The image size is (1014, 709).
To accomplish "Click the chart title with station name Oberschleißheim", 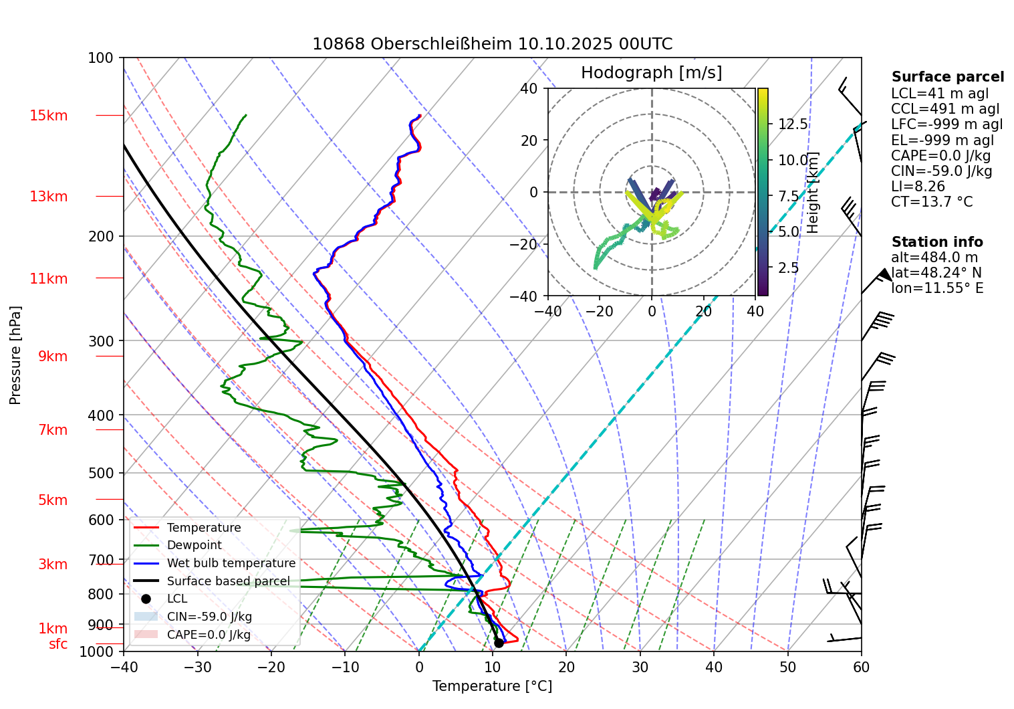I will click(492, 44).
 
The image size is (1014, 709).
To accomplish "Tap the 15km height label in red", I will click(48, 116).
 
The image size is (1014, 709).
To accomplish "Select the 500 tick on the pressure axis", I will click(101, 473).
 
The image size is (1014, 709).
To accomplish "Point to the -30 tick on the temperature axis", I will click(197, 667).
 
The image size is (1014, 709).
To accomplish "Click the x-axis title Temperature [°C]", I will click(492, 686).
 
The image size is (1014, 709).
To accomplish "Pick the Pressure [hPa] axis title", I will click(15, 355).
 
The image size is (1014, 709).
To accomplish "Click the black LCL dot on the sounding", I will click(499, 643).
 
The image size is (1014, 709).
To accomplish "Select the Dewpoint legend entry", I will click(194, 545).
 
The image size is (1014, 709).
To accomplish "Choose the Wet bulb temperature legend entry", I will click(231, 563).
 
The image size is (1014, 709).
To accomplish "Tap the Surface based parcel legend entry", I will click(228, 581).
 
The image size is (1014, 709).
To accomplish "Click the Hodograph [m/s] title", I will click(651, 72).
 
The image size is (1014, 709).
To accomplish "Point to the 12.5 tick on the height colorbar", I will click(793, 124).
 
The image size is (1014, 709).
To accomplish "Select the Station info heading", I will click(937, 242).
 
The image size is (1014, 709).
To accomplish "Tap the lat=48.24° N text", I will click(936, 273).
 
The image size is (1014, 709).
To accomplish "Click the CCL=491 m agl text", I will click(945, 109).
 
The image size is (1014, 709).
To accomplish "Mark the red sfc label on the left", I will click(58, 644).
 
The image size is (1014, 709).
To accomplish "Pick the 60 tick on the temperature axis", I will click(861, 667).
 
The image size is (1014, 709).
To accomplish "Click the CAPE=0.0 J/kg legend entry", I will click(209, 635).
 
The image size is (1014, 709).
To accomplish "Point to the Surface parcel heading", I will click(947, 77).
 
